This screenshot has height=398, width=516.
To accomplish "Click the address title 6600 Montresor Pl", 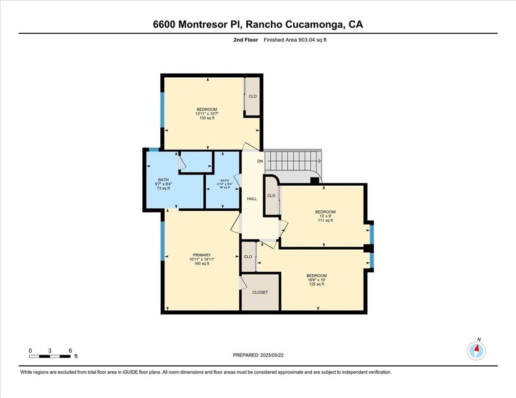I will pos(257,25).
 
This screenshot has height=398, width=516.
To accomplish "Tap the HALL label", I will pos(252,198).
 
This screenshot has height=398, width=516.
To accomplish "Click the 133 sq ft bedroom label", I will pos(207,114).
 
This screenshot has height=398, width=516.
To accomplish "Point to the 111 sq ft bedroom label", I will pos(325,216).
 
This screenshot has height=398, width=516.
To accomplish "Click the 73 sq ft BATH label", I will pos(163,184).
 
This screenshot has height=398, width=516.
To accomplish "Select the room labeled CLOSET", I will pos(260,292).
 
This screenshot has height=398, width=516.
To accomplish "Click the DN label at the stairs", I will pos(260,161).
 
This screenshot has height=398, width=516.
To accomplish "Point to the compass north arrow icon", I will pos(477,350).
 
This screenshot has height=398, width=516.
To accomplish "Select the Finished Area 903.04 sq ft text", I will pos(295,39).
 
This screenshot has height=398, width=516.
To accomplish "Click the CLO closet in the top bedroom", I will pos(252,96).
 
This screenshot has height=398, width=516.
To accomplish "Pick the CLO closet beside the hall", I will pos(271,195).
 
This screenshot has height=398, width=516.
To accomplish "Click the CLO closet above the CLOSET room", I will pos(248,257).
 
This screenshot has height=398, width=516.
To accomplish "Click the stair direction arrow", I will pos(317,161).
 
